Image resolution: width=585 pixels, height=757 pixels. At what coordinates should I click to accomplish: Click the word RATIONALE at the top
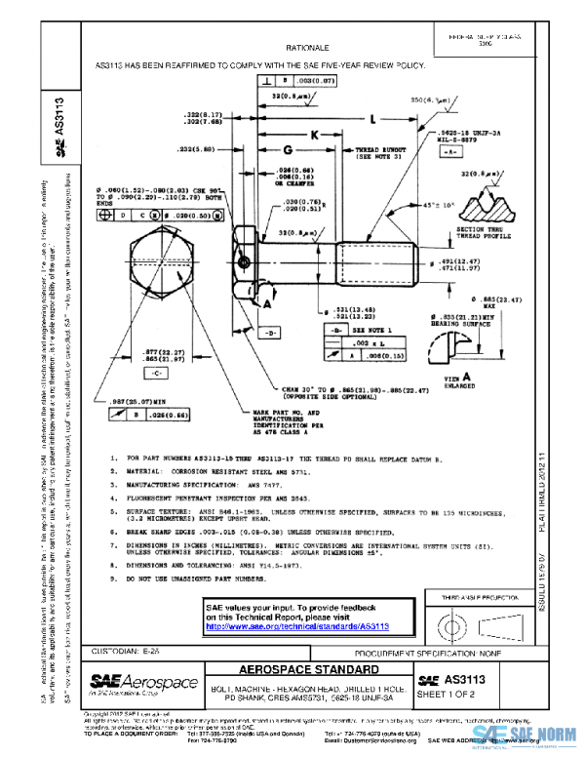(307, 47)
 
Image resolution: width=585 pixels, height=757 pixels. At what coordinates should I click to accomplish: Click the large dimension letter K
(315, 134)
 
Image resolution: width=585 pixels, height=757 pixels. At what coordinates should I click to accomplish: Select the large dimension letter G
(288, 150)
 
